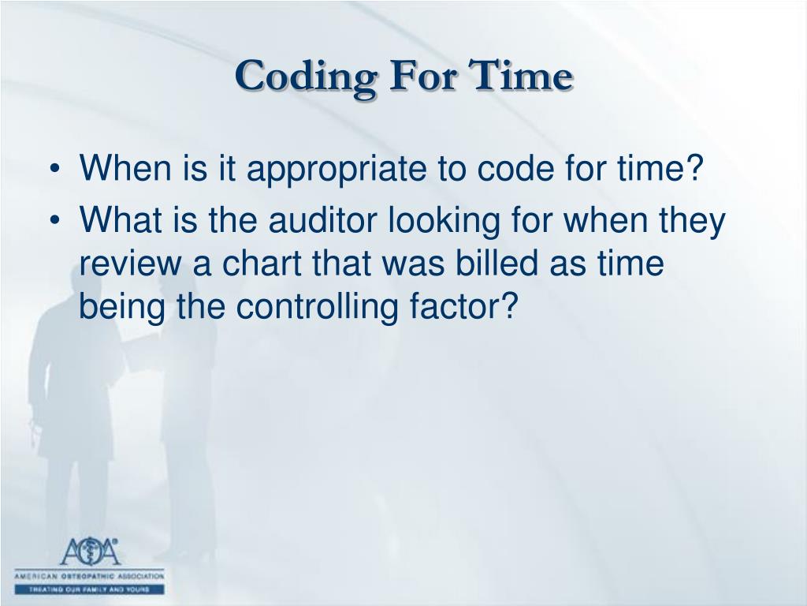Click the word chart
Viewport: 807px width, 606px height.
point(257,264)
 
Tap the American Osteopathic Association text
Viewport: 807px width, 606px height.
point(89,577)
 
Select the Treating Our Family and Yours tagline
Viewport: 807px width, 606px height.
point(89,589)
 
